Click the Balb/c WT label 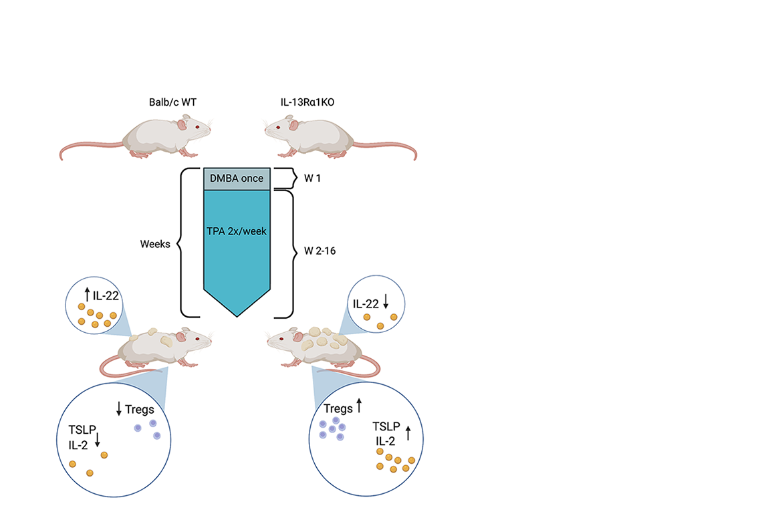172,102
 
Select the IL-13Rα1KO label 307,102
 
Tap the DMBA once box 237,178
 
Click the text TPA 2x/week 237,231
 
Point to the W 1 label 312,178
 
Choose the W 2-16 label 320,251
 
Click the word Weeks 155,244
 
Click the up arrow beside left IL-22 87,294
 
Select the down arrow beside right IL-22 386,301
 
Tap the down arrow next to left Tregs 119,408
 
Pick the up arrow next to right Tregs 359,405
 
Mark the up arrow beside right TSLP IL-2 408,433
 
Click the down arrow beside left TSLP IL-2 98,440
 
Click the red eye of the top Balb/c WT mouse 197,127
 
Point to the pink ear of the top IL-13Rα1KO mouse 293,125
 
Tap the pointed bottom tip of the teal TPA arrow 237,317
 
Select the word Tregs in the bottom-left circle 140,410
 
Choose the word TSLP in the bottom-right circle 386,426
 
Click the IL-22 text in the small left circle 106,295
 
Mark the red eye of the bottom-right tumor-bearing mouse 281,339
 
